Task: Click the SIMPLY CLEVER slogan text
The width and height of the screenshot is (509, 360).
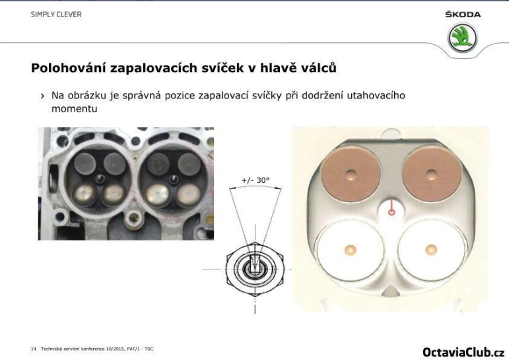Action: tap(56, 15)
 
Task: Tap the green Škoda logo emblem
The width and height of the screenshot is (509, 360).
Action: tap(462, 38)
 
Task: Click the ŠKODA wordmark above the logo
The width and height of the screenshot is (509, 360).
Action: tap(463, 15)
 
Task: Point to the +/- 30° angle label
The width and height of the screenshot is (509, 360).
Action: tap(255, 180)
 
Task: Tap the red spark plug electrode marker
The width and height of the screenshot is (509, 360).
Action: tap(391, 210)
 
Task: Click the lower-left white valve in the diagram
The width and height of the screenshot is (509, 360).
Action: tap(350, 249)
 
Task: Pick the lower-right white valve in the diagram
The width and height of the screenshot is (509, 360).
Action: tap(431, 249)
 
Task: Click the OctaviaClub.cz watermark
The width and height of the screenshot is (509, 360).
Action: tap(463, 351)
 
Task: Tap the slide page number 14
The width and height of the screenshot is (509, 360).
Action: tap(33, 348)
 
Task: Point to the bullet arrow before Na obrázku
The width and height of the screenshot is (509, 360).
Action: tap(42, 96)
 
